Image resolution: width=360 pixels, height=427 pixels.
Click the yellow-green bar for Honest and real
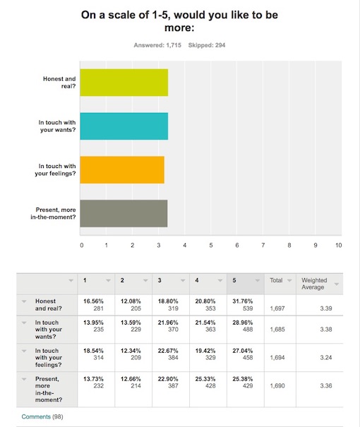pos(124,83)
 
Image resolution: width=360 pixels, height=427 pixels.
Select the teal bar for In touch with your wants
pos(124,126)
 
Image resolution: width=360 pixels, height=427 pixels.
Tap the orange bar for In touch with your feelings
pos(122,169)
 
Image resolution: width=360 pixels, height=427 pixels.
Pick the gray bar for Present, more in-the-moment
pos(124,213)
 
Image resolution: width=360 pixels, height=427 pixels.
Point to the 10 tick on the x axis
pos(339,246)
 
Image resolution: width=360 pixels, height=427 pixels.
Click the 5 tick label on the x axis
pos(211,246)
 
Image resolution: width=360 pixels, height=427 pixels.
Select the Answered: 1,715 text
pos(157,45)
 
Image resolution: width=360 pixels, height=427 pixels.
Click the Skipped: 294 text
pos(207,45)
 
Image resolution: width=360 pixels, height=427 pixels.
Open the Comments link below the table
pos(36,416)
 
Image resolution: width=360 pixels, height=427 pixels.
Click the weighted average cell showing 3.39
pos(326,308)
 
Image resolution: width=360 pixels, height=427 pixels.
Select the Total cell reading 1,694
pos(277,358)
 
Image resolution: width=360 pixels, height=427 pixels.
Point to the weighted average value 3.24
pos(326,358)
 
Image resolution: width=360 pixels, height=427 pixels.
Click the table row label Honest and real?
pos(49,305)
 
